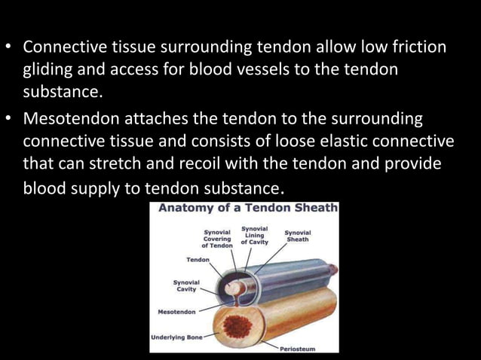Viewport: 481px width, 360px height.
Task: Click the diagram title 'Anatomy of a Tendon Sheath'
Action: [x=245, y=209]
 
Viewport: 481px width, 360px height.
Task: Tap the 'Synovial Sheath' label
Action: [x=297, y=236]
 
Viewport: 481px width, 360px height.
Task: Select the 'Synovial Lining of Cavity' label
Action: [x=254, y=234]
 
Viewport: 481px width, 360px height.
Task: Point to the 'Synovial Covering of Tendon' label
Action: [x=216, y=239]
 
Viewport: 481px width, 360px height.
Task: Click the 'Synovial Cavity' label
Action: [x=186, y=286]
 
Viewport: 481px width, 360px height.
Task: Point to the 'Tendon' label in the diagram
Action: [x=198, y=259]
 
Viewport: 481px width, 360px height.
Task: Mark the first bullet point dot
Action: [x=10, y=48]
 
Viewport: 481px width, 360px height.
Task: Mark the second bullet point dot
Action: [x=10, y=121]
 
